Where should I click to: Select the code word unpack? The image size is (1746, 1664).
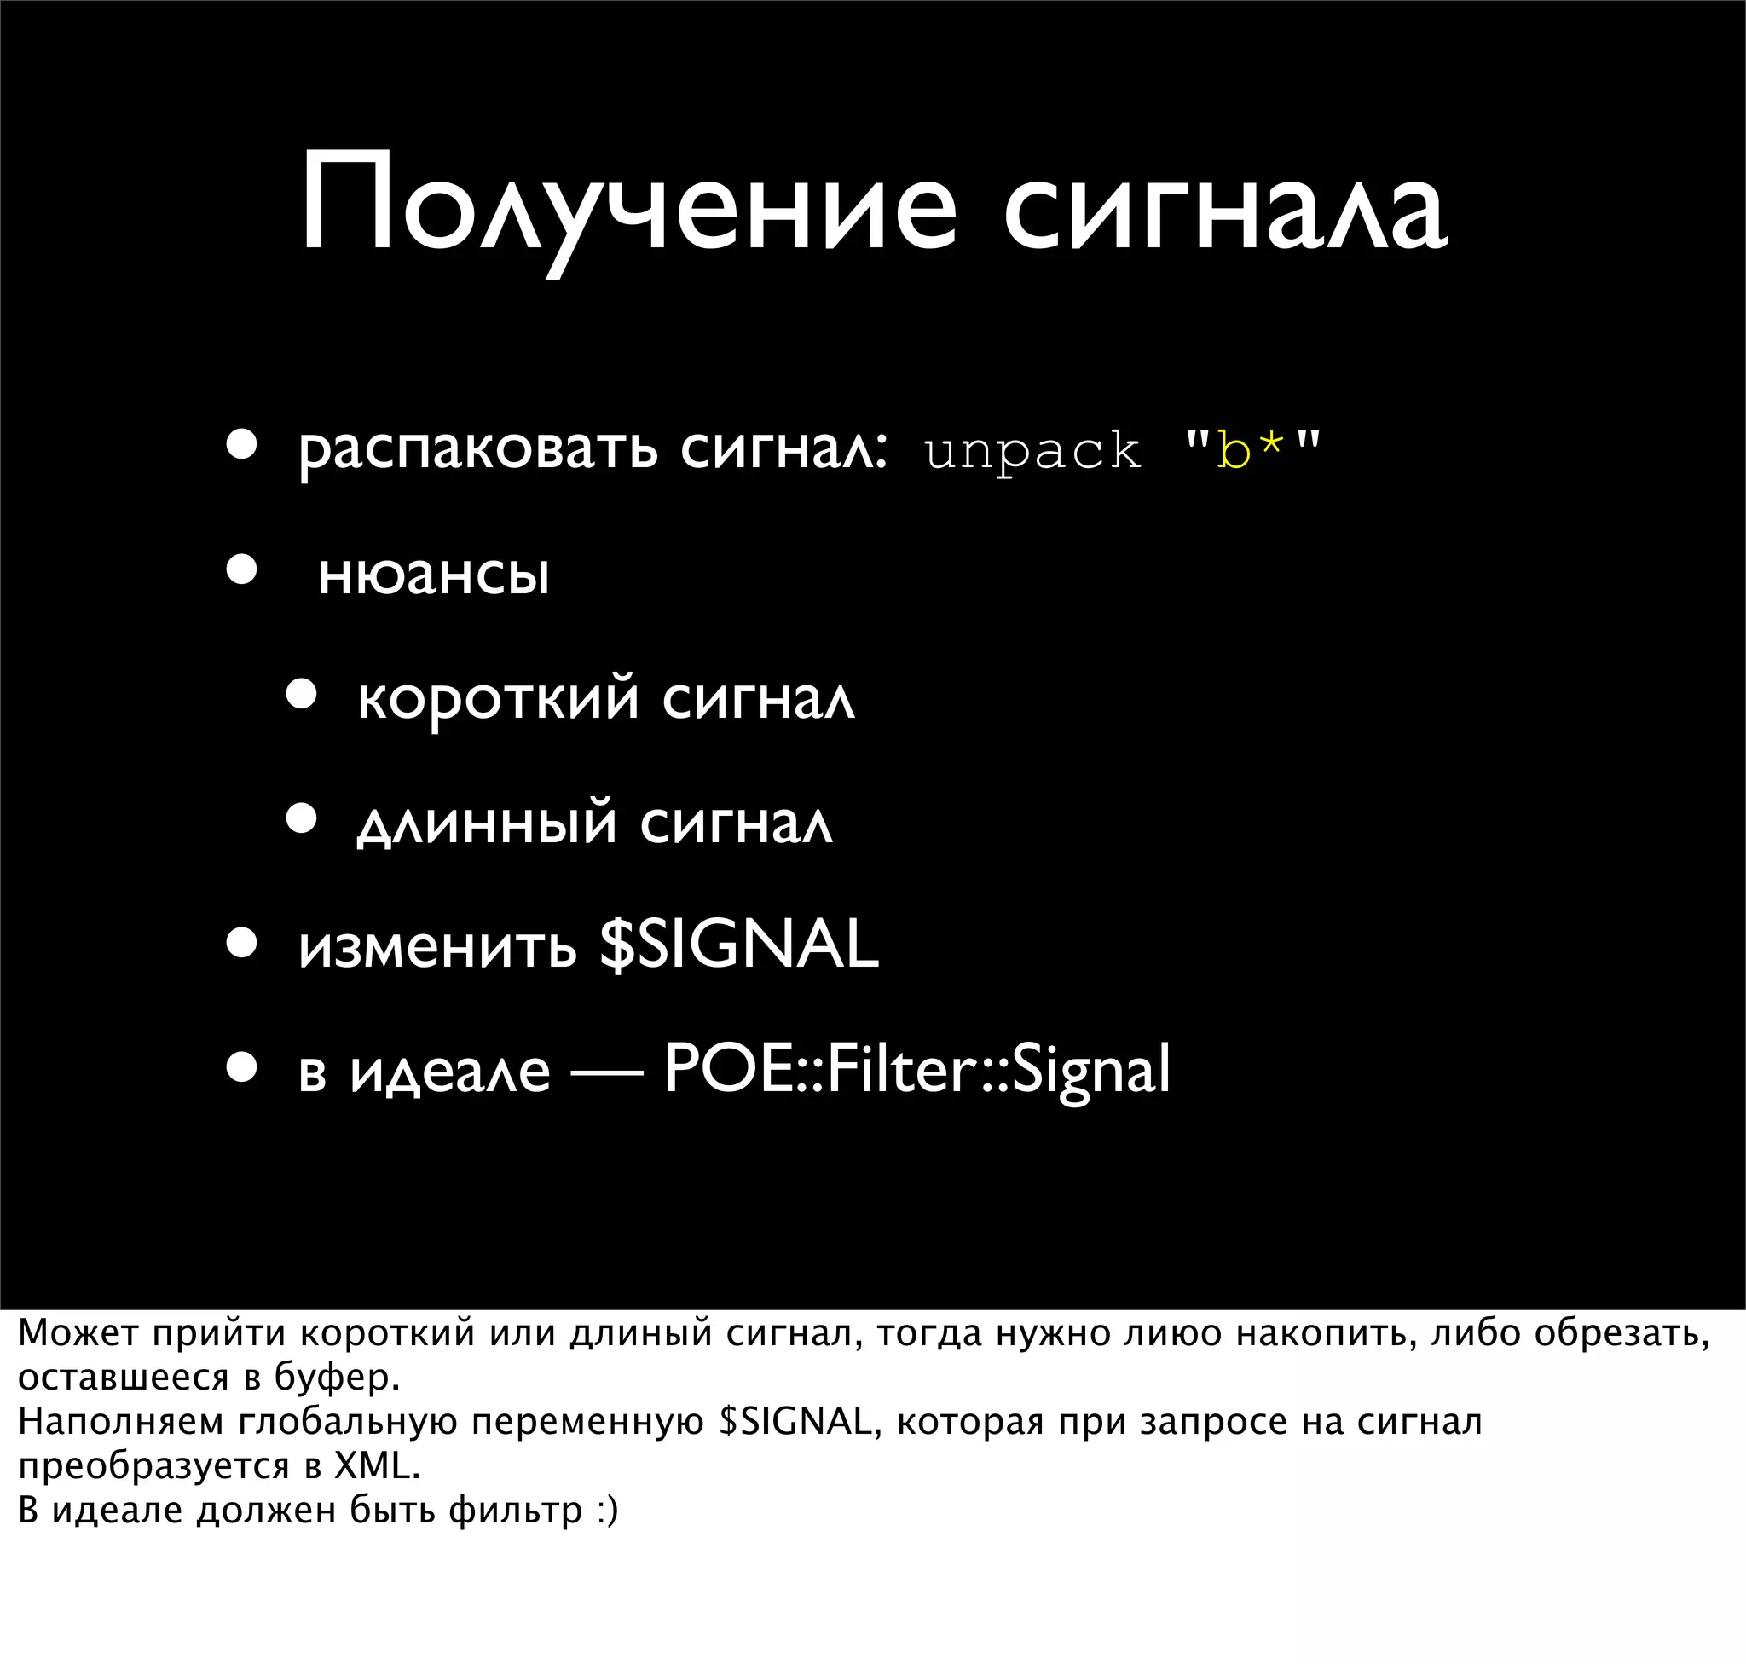tap(1032, 453)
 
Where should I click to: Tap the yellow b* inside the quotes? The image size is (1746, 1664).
tap(1251, 450)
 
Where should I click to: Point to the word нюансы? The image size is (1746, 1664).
tap(434, 575)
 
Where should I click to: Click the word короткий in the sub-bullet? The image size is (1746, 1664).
tap(498, 699)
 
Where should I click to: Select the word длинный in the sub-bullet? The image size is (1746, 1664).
tap(487, 823)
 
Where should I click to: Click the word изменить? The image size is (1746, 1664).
tap(437, 945)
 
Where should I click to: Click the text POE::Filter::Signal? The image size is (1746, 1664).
tap(916, 1069)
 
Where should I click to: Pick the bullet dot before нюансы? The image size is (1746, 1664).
tap(240, 570)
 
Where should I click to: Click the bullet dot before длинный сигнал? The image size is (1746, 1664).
tap(302, 819)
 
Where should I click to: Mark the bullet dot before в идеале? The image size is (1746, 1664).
tap(240, 1068)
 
